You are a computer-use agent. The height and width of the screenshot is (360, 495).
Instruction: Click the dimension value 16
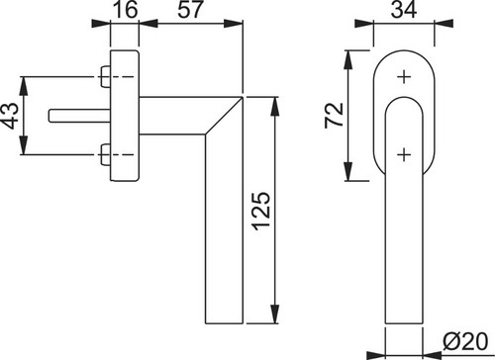pos(125,9)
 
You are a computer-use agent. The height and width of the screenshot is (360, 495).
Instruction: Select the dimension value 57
pos(189,9)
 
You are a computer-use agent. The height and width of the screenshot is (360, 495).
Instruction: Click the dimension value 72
pos(335,116)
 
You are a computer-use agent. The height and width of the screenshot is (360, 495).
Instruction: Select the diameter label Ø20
pos(465,342)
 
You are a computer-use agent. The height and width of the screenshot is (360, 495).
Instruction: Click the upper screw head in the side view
pos(105,77)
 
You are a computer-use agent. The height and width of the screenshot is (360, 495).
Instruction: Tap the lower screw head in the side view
pos(105,154)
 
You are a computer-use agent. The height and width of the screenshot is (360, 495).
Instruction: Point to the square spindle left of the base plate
pos(79,116)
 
